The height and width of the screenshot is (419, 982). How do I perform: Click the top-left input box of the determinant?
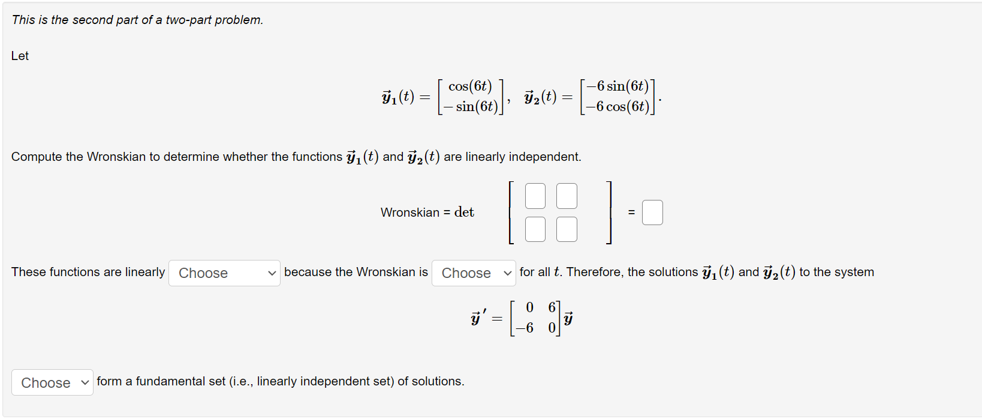(535, 196)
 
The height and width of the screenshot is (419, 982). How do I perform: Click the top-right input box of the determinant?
(567, 196)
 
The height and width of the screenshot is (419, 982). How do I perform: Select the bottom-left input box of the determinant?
(535, 229)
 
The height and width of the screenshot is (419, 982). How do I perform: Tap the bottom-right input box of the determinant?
(567, 229)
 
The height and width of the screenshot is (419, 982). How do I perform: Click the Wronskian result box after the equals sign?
(652, 213)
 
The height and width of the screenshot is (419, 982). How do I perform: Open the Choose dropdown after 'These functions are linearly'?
(224, 273)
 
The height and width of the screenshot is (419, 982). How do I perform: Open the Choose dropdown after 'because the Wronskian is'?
(474, 273)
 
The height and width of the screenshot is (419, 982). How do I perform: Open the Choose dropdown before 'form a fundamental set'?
(52, 382)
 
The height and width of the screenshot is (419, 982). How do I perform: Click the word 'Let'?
(20, 56)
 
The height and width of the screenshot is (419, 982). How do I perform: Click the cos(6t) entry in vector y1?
(470, 86)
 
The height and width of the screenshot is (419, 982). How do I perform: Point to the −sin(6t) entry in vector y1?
(471, 107)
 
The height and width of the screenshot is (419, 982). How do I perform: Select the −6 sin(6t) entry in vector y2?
(617, 86)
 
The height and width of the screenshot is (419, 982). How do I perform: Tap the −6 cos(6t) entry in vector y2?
(617, 107)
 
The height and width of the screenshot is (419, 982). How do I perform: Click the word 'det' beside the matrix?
(464, 212)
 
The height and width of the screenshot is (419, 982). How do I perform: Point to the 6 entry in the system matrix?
(552, 307)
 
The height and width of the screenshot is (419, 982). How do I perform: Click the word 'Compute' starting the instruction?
(37, 157)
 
